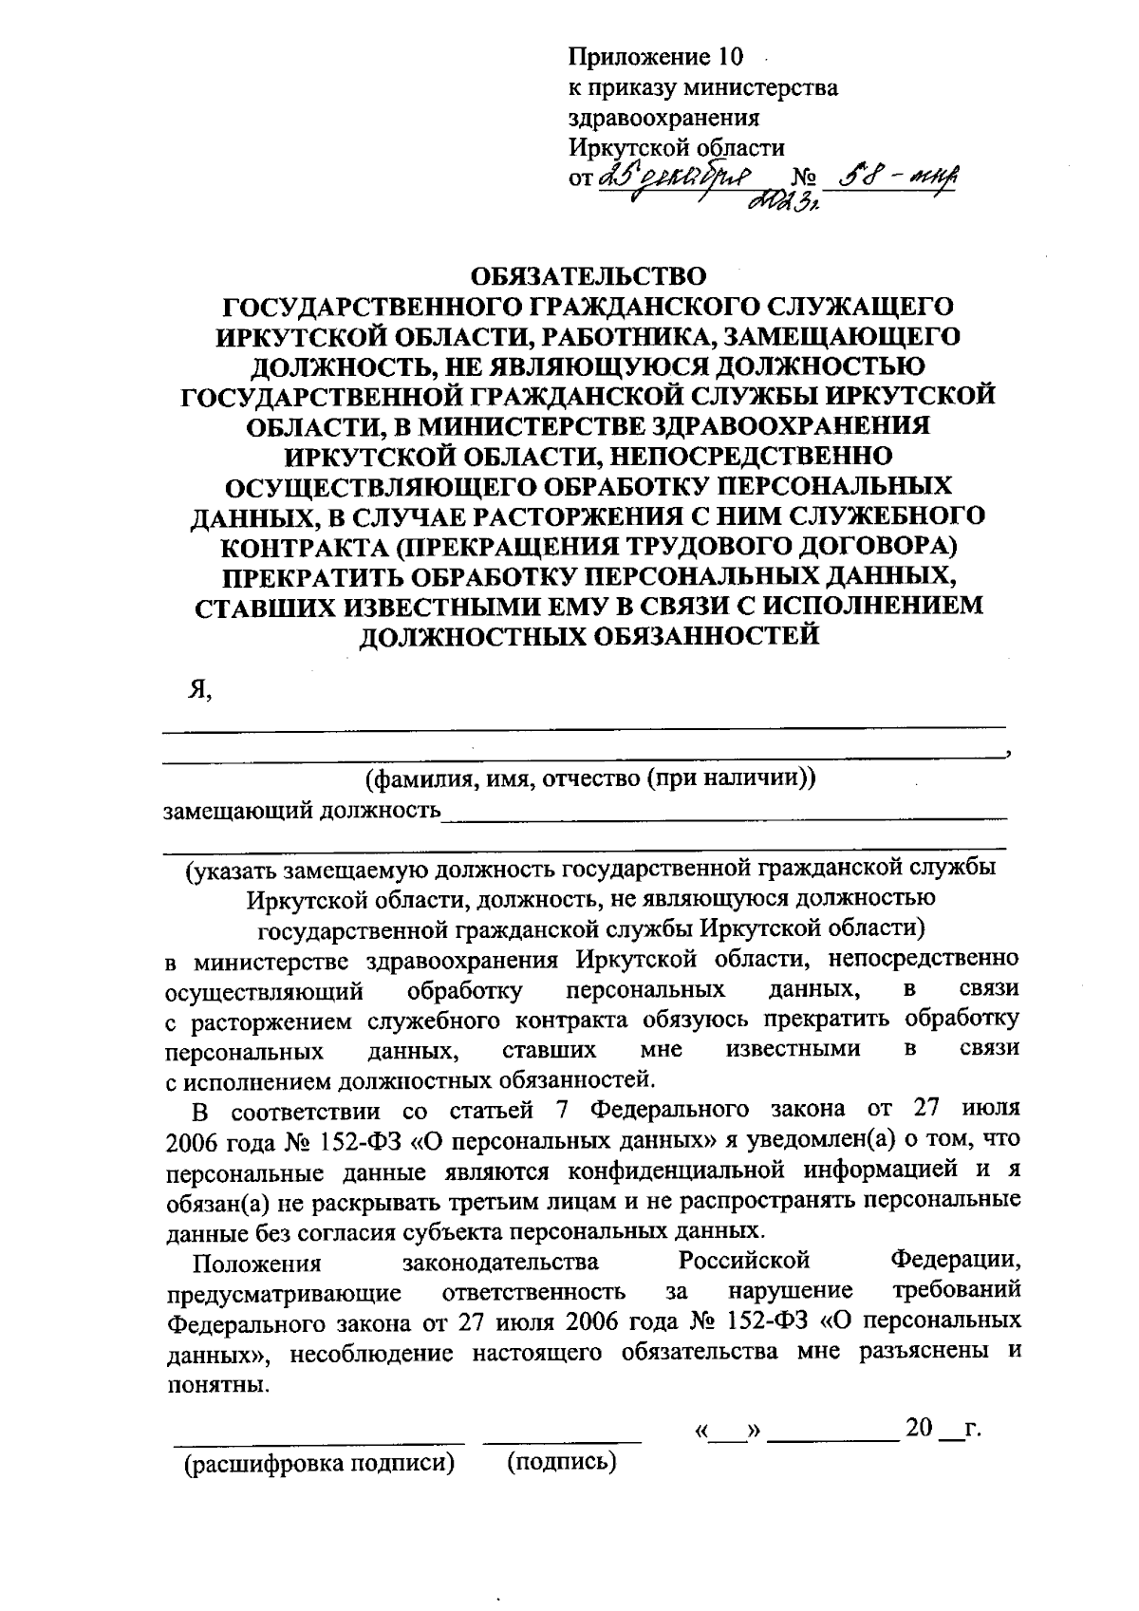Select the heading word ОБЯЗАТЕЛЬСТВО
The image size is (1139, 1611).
(x=588, y=276)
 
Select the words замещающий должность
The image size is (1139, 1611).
(x=303, y=811)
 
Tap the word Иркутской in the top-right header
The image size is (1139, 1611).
(x=626, y=148)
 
